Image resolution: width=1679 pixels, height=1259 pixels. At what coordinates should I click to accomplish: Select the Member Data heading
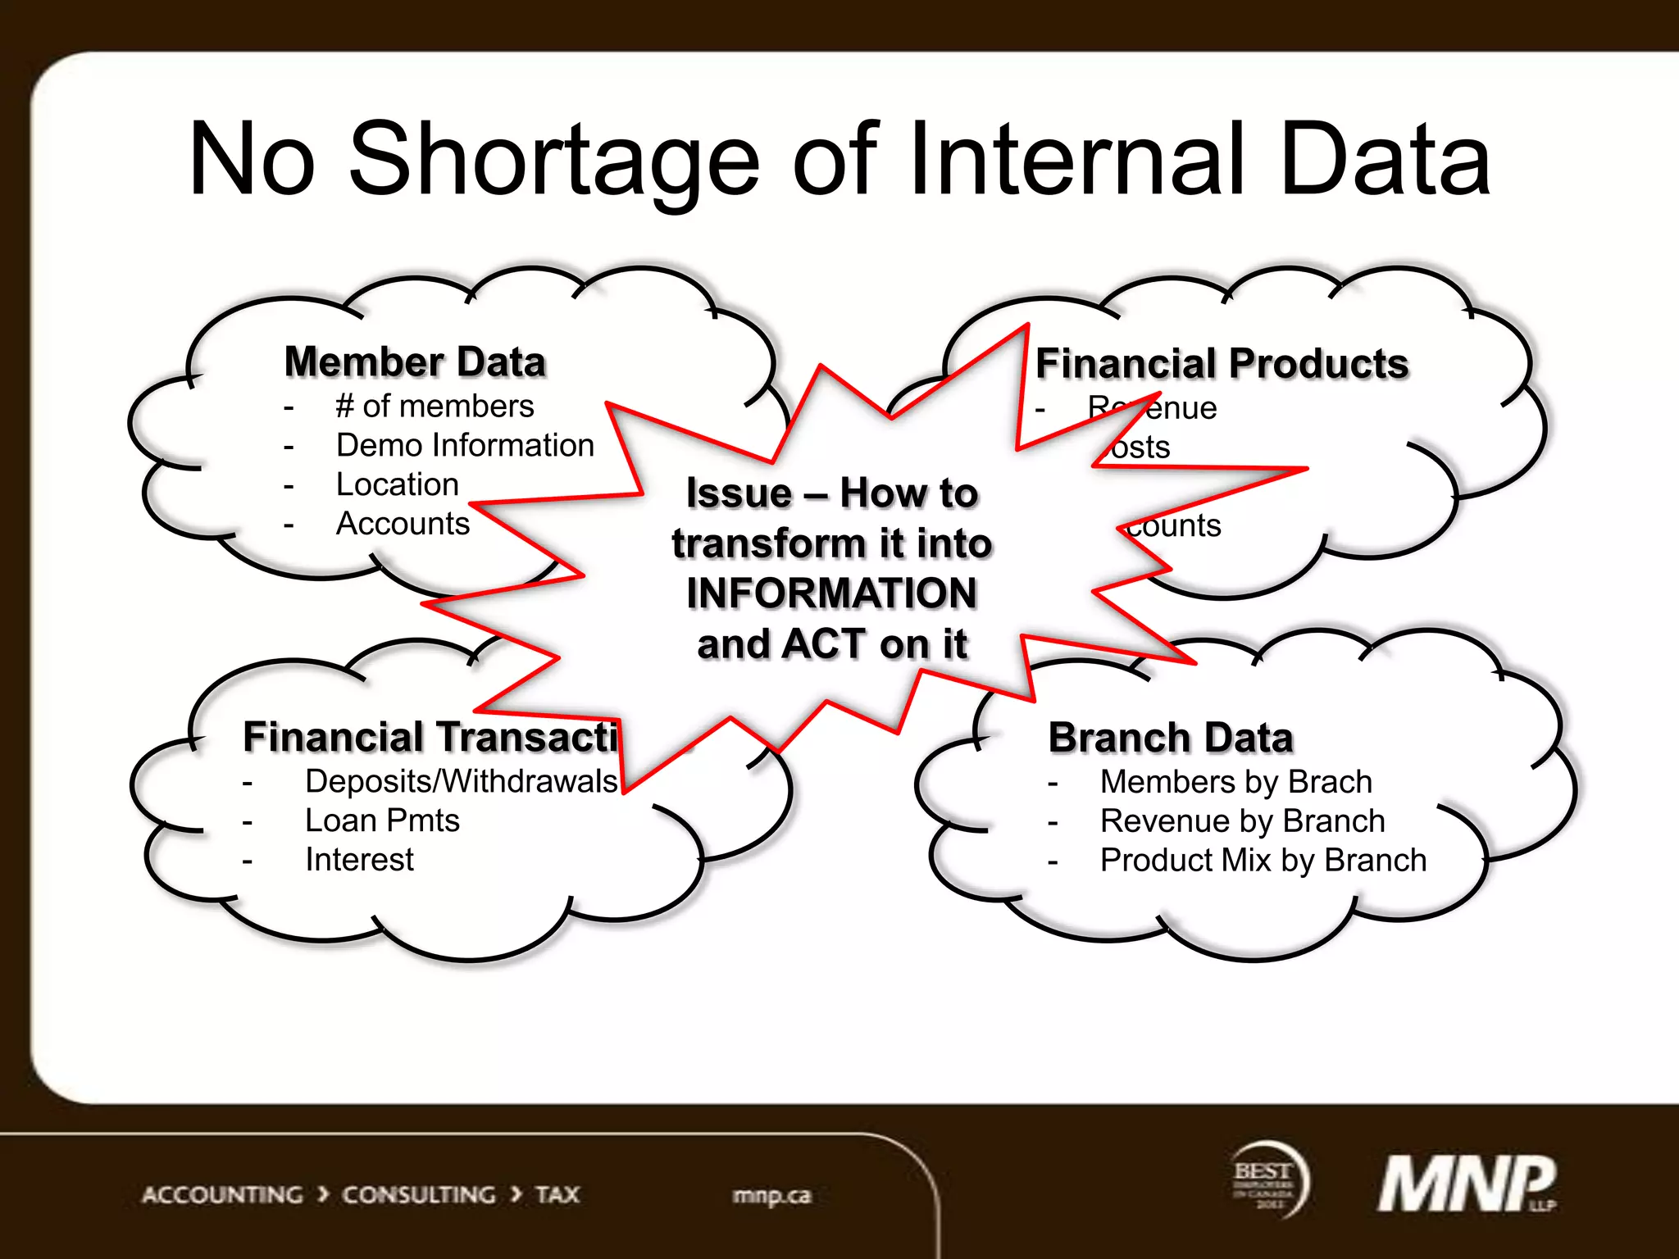415,362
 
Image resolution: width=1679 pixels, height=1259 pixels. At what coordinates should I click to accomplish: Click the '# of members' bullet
435,406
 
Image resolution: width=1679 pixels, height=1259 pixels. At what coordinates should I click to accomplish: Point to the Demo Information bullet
465,445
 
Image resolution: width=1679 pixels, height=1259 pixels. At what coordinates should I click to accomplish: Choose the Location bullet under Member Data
397,484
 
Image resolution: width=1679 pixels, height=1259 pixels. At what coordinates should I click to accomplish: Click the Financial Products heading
1222,364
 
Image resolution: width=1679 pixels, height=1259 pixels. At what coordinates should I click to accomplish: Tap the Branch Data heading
1170,738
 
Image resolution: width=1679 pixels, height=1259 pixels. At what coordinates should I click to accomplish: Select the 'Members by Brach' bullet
1235,782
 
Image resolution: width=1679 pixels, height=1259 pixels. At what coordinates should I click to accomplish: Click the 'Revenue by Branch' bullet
1242,821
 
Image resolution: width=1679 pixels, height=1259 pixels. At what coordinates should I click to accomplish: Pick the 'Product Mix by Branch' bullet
1263,861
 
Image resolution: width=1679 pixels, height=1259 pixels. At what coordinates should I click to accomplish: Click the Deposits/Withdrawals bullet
461,781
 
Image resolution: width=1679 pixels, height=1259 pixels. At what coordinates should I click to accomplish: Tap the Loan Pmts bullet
382,820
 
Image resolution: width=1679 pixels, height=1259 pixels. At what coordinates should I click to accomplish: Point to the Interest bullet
359,860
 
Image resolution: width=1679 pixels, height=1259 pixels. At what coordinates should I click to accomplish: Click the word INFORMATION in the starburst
831,593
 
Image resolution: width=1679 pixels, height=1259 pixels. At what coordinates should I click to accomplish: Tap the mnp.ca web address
771,1195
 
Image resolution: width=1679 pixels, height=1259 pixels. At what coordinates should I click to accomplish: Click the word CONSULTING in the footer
418,1195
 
